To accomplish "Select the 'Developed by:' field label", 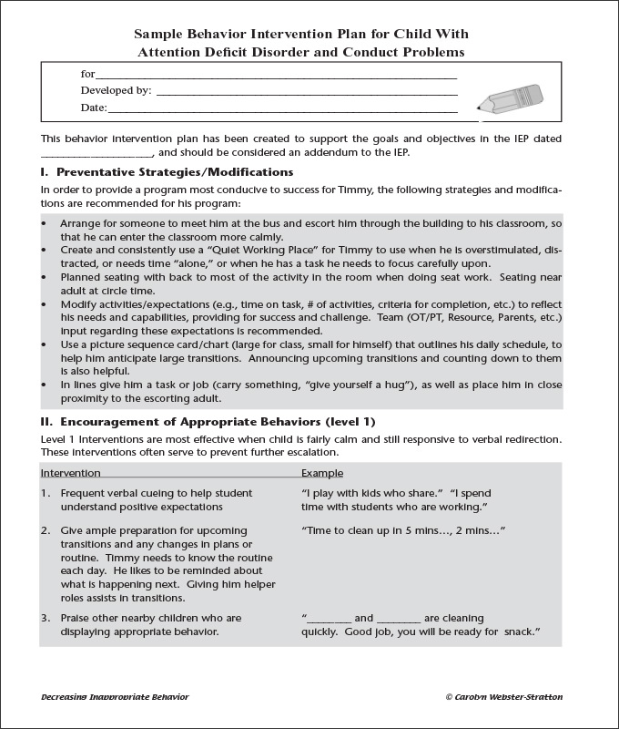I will [116, 90].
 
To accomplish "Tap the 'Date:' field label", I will [94, 108].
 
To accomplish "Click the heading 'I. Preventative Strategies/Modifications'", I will [167, 171].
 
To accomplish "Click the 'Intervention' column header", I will [71, 473].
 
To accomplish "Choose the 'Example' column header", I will [322, 473].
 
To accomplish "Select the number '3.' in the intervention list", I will [46, 618].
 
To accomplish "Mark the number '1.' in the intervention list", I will [46, 492].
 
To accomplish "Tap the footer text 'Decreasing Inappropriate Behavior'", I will [115, 696].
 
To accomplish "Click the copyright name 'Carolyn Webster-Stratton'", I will [510, 696].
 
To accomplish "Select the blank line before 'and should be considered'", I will [97, 152].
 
